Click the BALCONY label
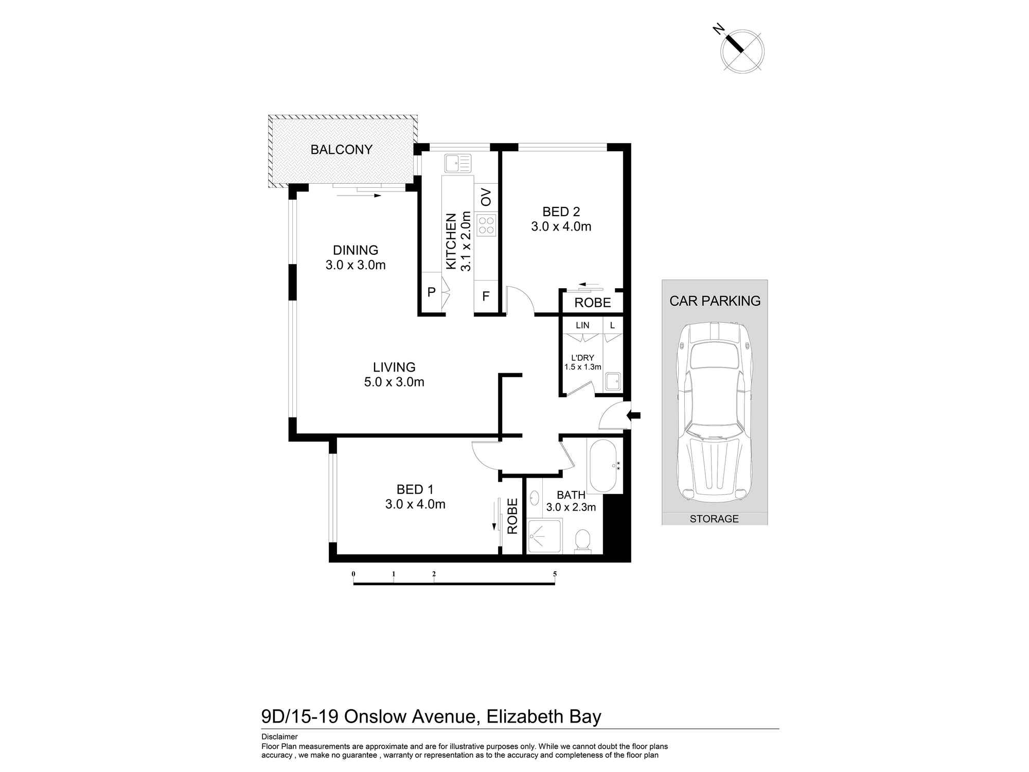pyautogui.click(x=341, y=150)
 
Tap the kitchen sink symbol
pyautogui.click(x=457, y=164)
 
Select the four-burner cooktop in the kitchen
pyautogui.click(x=486, y=225)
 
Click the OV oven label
pyautogui.click(x=486, y=197)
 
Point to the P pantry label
pyautogui.click(x=431, y=292)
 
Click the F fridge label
pyautogui.click(x=485, y=296)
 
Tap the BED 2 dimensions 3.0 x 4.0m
pyautogui.click(x=561, y=226)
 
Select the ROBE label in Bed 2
pyautogui.click(x=592, y=303)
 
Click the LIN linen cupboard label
pyautogui.click(x=582, y=325)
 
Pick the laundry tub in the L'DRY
pyautogui.click(x=612, y=382)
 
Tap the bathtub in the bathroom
pyautogui.click(x=602, y=466)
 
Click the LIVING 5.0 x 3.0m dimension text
pyautogui.click(x=394, y=382)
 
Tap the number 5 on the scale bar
pyautogui.click(x=555, y=574)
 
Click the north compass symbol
pyautogui.click(x=742, y=50)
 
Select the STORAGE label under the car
pyautogui.click(x=714, y=519)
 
